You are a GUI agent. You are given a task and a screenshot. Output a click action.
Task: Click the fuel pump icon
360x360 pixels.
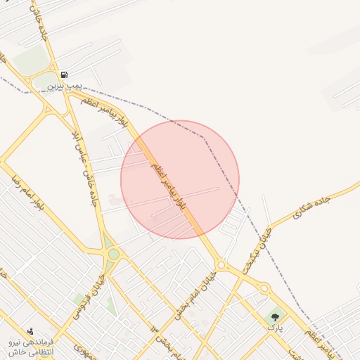click(64, 75)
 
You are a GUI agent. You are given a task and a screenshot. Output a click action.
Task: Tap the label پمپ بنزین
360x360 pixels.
click(65, 85)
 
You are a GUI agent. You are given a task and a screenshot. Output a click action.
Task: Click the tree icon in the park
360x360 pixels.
click(274, 317)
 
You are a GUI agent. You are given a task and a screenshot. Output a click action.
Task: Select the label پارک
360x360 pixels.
click(274, 327)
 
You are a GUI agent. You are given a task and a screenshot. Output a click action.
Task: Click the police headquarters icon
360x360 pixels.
click(30, 330)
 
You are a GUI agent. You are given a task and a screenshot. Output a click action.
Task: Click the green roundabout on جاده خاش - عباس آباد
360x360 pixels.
click(113, 254)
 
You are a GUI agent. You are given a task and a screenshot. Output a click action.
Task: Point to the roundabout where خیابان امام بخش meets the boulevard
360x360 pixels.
click(220, 265)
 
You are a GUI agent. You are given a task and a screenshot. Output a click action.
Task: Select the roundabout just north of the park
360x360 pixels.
click(264, 288)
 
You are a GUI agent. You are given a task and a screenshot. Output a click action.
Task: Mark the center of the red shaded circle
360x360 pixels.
click(180, 179)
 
